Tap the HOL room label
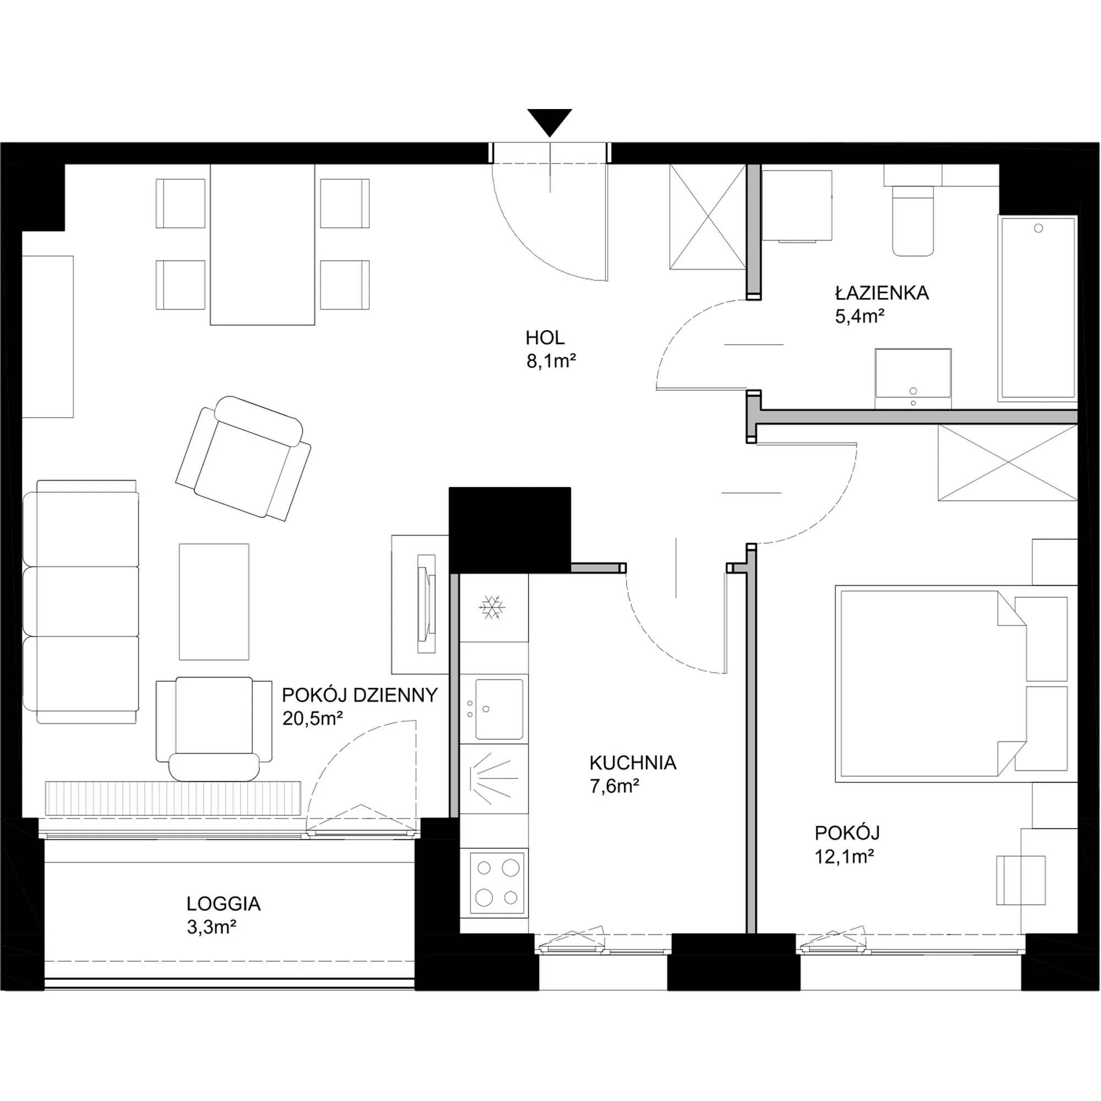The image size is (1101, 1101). [545, 338]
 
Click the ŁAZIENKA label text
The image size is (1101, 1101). [881, 292]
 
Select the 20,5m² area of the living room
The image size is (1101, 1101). [312, 718]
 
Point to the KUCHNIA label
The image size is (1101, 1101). [633, 762]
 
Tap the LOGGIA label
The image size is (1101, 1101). [224, 904]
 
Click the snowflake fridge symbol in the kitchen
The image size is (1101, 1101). [491, 608]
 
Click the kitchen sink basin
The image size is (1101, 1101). [499, 709]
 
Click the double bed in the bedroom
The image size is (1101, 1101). [956, 683]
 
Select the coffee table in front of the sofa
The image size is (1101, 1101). [214, 602]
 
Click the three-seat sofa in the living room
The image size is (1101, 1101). [81, 602]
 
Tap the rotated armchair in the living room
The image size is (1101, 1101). [243, 459]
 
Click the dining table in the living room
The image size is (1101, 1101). [262, 244]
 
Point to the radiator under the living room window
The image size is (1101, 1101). [173, 798]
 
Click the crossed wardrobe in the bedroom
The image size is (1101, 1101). [1007, 463]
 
